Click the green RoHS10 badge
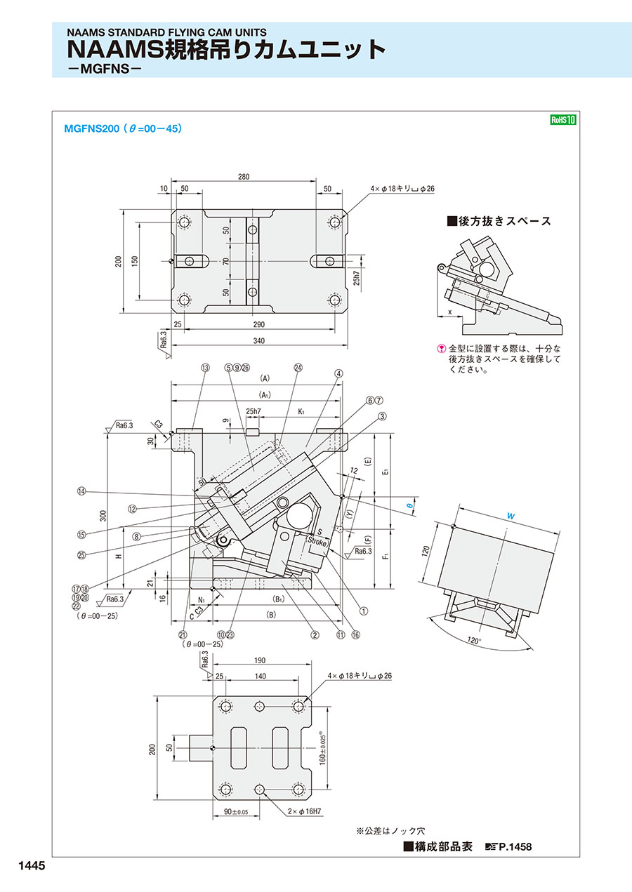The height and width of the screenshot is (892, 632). coord(562,120)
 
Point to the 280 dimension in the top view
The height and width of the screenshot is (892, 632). coord(244,178)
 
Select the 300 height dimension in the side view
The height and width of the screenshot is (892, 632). coord(103,515)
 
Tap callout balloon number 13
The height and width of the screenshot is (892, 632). coord(205,367)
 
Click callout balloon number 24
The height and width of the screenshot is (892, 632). coord(298,367)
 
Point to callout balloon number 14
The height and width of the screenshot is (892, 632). coord(81,491)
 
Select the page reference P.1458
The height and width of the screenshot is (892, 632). coord(515,847)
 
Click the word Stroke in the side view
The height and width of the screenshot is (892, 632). coord(316,542)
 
